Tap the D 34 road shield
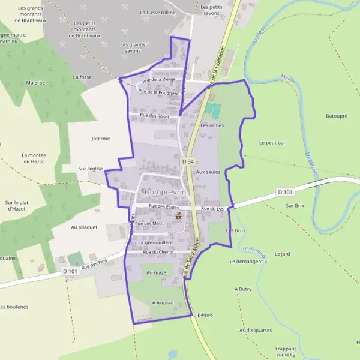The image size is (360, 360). (188, 161)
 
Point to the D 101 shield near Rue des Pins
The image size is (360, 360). (70, 271)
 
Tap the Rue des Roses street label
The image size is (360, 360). (155, 115)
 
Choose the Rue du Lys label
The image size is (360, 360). (212, 208)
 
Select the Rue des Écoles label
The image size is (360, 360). (164, 206)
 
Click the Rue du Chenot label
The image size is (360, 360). (158, 252)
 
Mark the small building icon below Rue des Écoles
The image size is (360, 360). (178, 216)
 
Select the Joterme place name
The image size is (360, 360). (101, 139)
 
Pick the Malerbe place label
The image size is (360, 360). (35, 82)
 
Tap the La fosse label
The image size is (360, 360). (82, 77)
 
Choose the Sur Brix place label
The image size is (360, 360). (296, 205)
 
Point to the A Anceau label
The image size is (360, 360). (163, 302)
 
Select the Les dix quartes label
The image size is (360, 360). (254, 330)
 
